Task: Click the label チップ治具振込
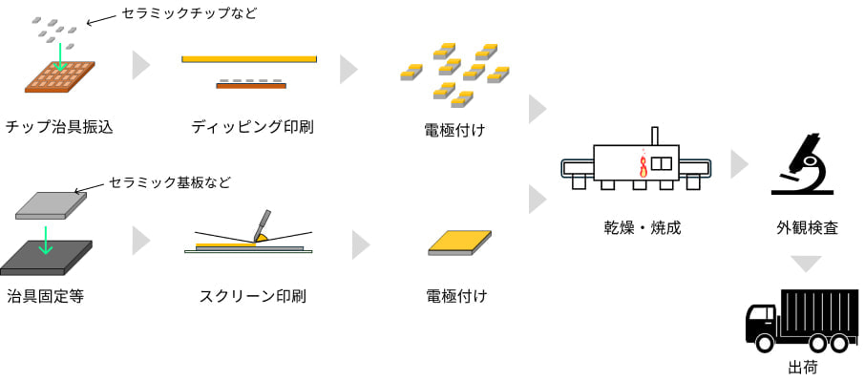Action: pyautogui.click(x=59, y=127)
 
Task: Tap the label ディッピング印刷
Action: pyautogui.click(x=252, y=127)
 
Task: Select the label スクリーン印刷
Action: pyautogui.click(x=252, y=296)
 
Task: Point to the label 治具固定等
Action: pyautogui.click(x=46, y=296)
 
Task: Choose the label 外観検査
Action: pyautogui.click(x=807, y=228)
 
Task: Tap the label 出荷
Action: pyautogui.click(x=802, y=367)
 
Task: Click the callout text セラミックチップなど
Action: pyautogui.click(x=189, y=13)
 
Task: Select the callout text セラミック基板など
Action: pyautogui.click(x=170, y=181)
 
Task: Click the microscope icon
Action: pyautogui.click(x=803, y=163)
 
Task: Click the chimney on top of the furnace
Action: pyautogui.click(x=654, y=135)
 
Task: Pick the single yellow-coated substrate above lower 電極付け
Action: pyautogui.click(x=460, y=243)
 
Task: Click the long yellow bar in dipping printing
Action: pyautogui.click(x=249, y=59)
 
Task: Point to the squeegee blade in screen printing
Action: pyautogui.click(x=260, y=225)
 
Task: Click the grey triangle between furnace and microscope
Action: pyautogui.click(x=739, y=163)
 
